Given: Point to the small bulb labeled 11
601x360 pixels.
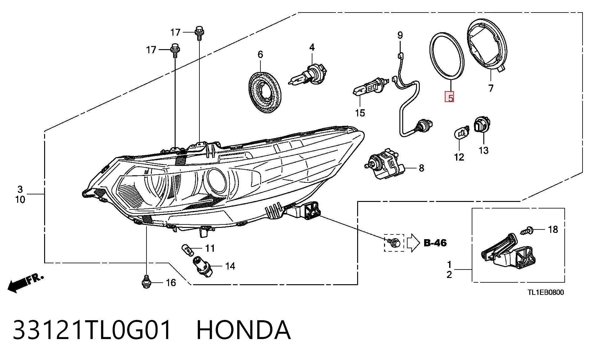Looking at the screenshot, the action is (x=187, y=249).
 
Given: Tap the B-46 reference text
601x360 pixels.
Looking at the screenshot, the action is (x=435, y=243).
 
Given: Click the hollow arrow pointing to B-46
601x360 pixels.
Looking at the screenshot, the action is (x=413, y=243).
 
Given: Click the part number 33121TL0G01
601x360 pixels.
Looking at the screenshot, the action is (x=92, y=330).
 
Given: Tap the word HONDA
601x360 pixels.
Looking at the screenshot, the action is (x=244, y=330).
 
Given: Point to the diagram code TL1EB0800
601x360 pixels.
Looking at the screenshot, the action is (x=546, y=292).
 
